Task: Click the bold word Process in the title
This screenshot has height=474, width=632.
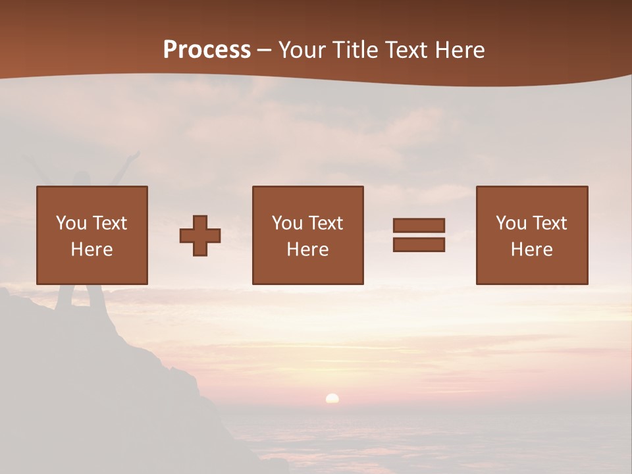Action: click(207, 50)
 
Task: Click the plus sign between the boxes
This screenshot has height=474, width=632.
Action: click(200, 236)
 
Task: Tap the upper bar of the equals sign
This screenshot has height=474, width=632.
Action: click(419, 225)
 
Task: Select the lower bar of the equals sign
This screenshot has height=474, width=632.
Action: click(419, 245)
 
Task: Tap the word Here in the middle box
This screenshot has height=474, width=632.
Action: click(308, 250)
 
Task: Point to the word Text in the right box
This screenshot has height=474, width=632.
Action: click(550, 223)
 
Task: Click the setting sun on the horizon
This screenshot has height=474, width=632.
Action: click(332, 398)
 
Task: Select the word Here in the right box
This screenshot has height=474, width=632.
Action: click(532, 250)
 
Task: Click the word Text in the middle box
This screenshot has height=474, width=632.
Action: click(326, 223)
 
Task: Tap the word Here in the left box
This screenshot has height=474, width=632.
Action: click(92, 250)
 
